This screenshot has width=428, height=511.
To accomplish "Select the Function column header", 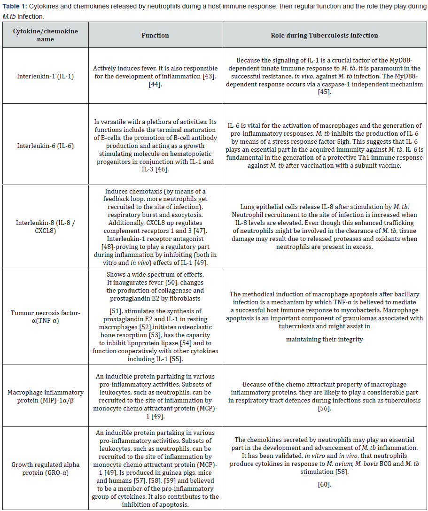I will click(x=155, y=35).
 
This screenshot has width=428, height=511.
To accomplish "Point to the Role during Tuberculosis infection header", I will click(x=324, y=35).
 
